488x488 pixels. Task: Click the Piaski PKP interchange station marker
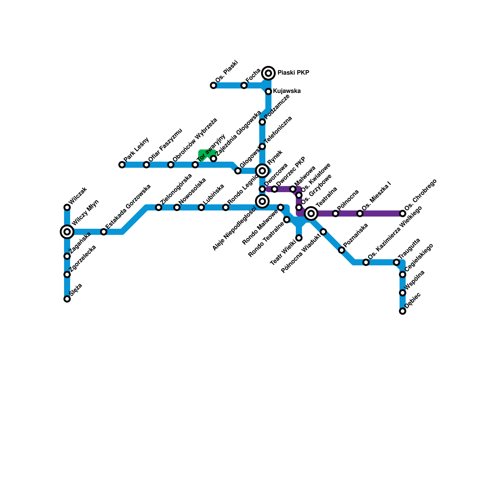click(x=268, y=73)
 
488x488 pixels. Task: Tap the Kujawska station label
click(x=287, y=91)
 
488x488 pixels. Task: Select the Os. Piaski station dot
click(x=213, y=85)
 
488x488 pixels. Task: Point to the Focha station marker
click(x=244, y=85)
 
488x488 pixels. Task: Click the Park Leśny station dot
click(x=122, y=165)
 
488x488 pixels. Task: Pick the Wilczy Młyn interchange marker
click(x=67, y=232)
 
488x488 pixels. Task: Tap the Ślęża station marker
click(x=67, y=299)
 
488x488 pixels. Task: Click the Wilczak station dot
click(x=67, y=207)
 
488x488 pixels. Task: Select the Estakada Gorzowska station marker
click(x=104, y=232)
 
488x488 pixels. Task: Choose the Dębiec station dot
click(x=403, y=311)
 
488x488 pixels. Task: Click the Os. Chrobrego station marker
click(x=403, y=213)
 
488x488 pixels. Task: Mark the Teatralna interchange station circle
click(x=311, y=213)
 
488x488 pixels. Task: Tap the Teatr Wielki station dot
click(x=299, y=238)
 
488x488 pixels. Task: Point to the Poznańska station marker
click(x=342, y=250)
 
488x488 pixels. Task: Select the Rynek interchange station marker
click(x=262, y=171)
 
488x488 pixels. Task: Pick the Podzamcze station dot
click(x=262, y=122)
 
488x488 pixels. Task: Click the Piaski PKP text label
click(x=293, y=73)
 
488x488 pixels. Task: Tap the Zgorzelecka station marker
click(x=67, y=274)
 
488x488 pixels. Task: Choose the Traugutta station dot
click(x=396, y=262)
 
